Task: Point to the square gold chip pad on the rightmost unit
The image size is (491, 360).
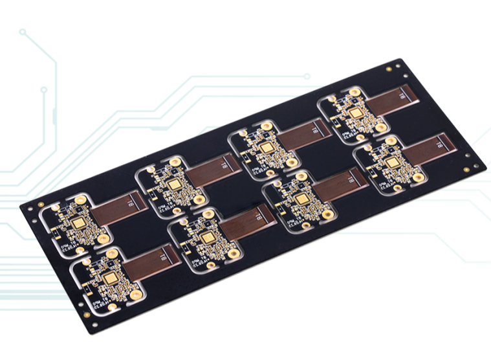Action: (x=391, y=163)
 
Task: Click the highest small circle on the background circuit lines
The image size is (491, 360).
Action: (x=23, y=31)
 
